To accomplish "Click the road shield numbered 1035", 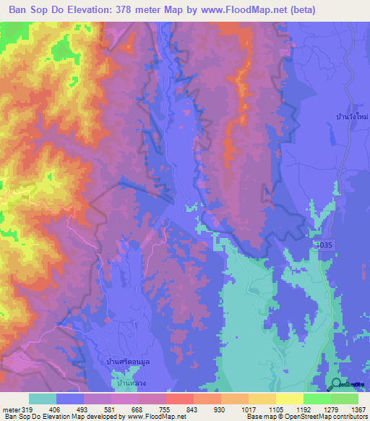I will click(x=327, y=247).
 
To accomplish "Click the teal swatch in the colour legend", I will click(x=43, y=399).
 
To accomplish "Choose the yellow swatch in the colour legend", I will click(x=289, y=399).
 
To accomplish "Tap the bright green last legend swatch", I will click(x=345, y=399).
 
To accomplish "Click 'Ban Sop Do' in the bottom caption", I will click(x=20, y=417).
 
